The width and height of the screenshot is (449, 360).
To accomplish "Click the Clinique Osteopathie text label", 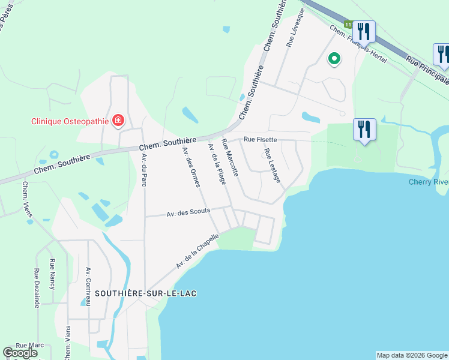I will (x=70, y=121).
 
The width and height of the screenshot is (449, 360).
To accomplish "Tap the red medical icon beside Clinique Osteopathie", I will (x=118, y=121).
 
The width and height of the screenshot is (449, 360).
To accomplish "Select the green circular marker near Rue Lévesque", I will (x=334, y=59).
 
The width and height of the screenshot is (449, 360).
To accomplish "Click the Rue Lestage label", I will (x=272, y=165).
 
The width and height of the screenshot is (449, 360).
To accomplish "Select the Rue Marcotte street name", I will (x=230, y=157).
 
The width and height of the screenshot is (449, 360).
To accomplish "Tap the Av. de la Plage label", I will (x=217, y=164).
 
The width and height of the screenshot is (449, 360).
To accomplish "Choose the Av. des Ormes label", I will (x=190, y=167).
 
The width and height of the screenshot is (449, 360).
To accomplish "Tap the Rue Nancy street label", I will (x=53, y=274).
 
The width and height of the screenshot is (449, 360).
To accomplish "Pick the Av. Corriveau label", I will (x=88, y=287).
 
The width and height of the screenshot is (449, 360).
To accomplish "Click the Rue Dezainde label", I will (x=37, y=288).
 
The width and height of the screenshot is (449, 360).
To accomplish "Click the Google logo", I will (x=20, y=353).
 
